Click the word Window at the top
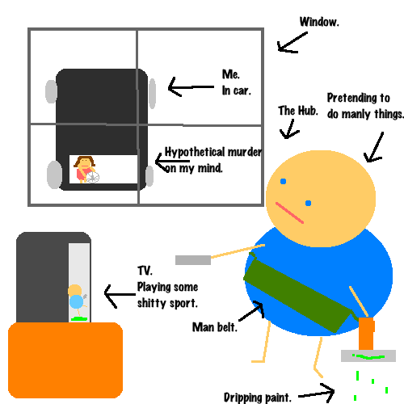click(x=319, y=22)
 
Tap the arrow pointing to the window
click(x=292, y=43)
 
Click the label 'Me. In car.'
click(x=237, y=82)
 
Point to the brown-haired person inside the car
click(x=84, y=169)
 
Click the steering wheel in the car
click(x=93, y=177)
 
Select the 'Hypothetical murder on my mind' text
click(x=213, y=160)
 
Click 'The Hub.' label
click(x=298, y=111)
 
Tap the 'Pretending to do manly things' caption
click(x=365, y=106)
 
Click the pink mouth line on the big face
click(x=289, y=213)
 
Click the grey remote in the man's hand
click(x=193, y=260)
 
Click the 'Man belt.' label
click(x=215, y=327)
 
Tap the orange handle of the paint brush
click(x=366, y=334)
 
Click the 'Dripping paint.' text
click(x=258, y=398)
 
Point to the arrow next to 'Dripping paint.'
click(x=317, y=393)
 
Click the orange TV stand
click(x=65, y=360)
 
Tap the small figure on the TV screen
click(x=77, y=301)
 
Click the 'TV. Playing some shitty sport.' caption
click(x=167, y=287)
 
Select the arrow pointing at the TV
click(x=120, y=296)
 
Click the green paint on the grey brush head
click(x=369, y=357)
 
